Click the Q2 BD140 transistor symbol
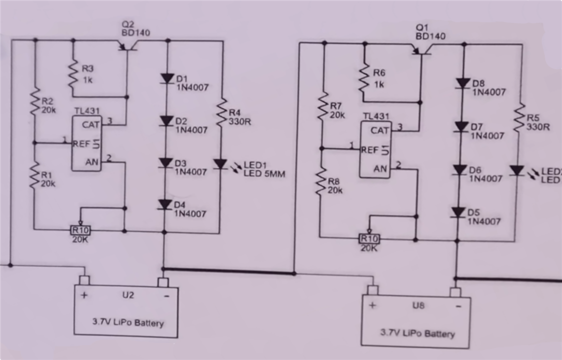coord(127,46)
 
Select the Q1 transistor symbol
coord(421,49)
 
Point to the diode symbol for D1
coord(167,78)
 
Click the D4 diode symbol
coord(164,204)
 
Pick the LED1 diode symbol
coord(220,164)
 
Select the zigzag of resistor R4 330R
coord(222,111)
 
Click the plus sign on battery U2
coord(84,295)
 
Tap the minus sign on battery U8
coord(458,306)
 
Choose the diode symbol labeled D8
coord(462,83)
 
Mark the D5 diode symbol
coord(458,212)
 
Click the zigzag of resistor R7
coord(323,105)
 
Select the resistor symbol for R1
coord(34,175)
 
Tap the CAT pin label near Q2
coord(90,125)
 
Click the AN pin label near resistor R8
coord(380,168)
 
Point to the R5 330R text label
coord(537,122)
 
